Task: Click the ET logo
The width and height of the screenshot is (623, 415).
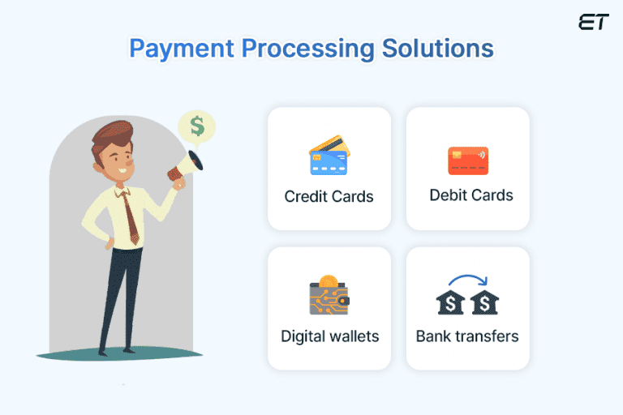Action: pyautogui.click(x=592, y=22)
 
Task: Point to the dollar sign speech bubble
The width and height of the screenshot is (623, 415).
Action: pyautogui.click(x=197, y=126)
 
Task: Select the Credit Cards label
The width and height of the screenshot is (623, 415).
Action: pyautogui.click(x=329, y=196)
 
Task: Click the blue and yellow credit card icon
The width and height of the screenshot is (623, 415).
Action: pyautogui.click(x=329, y=158)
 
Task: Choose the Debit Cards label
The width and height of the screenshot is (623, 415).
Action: pyautogui.click(x=471, y=195)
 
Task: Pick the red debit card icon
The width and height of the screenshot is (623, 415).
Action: pyautogui.click(x=468, y=160)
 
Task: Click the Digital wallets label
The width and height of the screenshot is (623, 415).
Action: pyautogui.click(x=329, y=336)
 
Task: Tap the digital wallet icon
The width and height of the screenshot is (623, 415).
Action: pyautogui.click(x=329, y=298)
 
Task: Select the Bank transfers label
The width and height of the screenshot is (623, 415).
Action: pyautogui.click(x=467, y=336)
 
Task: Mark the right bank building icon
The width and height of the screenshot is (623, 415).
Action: pyautogui.click(x=485, y=303)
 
